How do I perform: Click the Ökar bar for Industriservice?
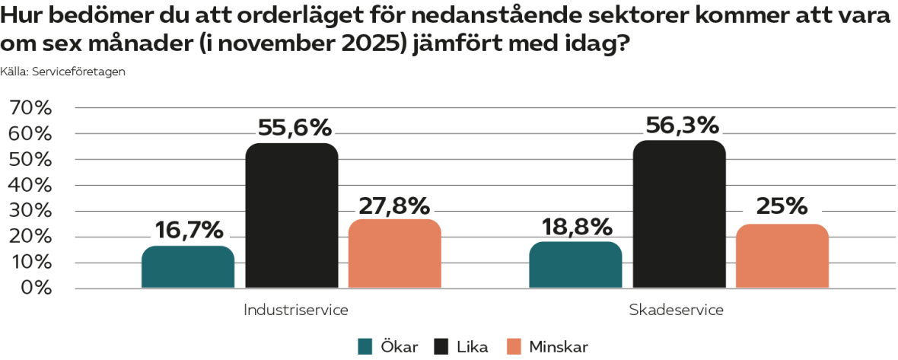coord(188,267)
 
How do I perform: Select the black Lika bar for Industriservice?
coord(291,216)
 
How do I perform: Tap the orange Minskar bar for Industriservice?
coord(394,254)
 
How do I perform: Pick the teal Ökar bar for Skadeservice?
coord(575,265)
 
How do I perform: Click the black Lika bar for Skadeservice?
coord(679,215)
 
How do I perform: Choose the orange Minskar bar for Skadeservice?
coord(782,256)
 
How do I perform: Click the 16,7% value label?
coord(189,229)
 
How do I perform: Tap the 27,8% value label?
coord(394,205)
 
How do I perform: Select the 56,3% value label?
coord(683,124)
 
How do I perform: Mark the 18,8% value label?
coord(577,226)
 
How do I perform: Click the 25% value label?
coord(782,206)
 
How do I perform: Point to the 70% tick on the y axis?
coord(30,108)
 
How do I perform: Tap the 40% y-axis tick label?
coord(30,186)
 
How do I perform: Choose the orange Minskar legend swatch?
coord(515,346)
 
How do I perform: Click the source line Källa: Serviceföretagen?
coord(63,72)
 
